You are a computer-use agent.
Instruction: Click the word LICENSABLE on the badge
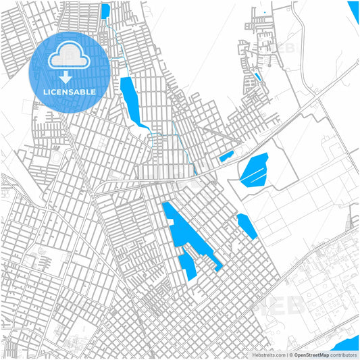tap(70, 92)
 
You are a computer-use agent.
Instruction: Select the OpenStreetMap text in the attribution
tap(310, 355)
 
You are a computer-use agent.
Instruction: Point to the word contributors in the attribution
tap(344, 355)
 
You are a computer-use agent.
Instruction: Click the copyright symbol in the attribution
tap(288, 355)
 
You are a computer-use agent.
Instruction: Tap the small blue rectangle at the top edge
tap(105, 11)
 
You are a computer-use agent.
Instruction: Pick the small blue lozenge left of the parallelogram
tap(226, 157)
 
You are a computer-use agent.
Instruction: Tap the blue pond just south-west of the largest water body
tap(188, 264)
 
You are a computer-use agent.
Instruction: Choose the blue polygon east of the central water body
tap(247, 226)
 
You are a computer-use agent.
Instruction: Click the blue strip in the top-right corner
tap(354, 10)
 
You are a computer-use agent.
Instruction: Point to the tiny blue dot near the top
tap(265, 12)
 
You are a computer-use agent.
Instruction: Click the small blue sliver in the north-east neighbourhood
tap(257, 76)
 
